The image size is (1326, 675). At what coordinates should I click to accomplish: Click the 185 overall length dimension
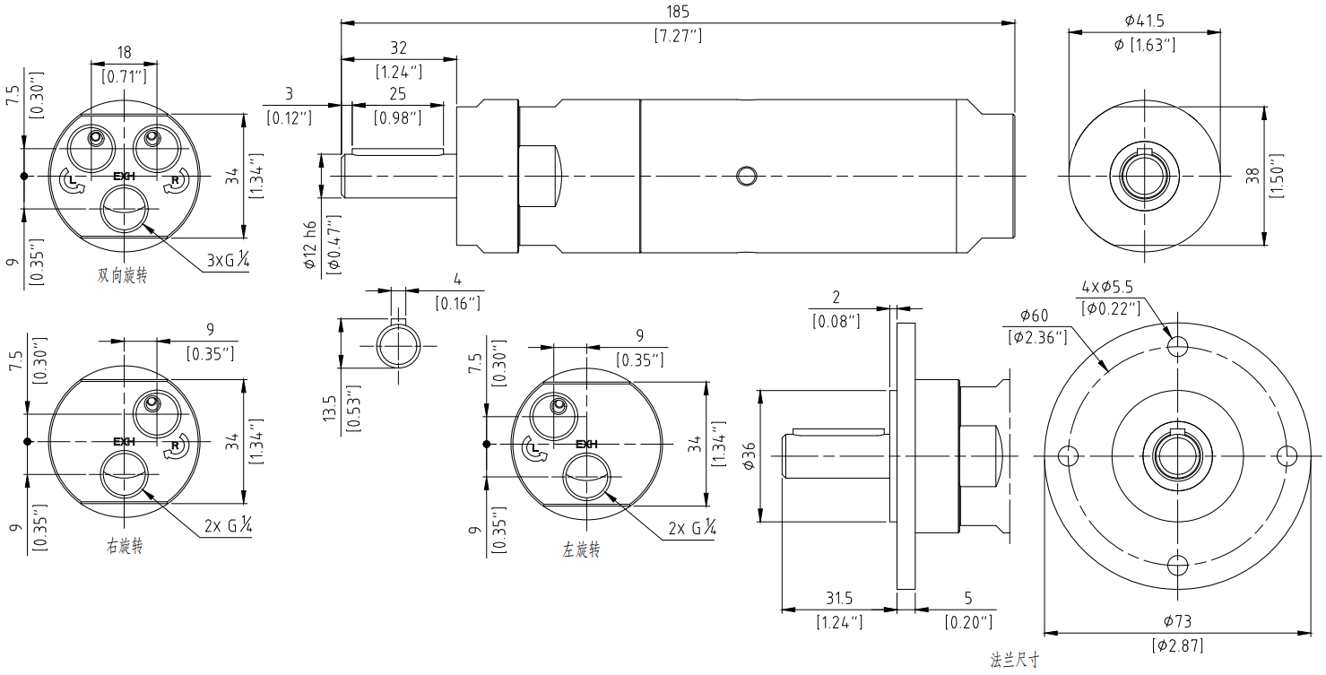tap(678, 12)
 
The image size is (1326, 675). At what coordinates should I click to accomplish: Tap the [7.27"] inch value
tap(678, 36)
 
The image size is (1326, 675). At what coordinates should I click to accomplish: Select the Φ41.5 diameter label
tap(1144, 21)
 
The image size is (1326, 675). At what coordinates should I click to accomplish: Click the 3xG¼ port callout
tap(228, 259)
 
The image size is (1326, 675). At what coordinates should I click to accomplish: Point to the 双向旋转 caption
tap(122, 275)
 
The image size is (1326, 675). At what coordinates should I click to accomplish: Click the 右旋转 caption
tap(125, 546)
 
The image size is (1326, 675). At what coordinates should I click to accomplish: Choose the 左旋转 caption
tap(581, 550)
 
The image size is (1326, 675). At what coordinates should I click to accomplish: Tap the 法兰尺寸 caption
tap(1015, 660)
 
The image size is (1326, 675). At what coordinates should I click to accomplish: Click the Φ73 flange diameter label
tap(1177, 621)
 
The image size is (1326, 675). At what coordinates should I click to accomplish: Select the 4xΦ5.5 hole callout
tap(1107, 287)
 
